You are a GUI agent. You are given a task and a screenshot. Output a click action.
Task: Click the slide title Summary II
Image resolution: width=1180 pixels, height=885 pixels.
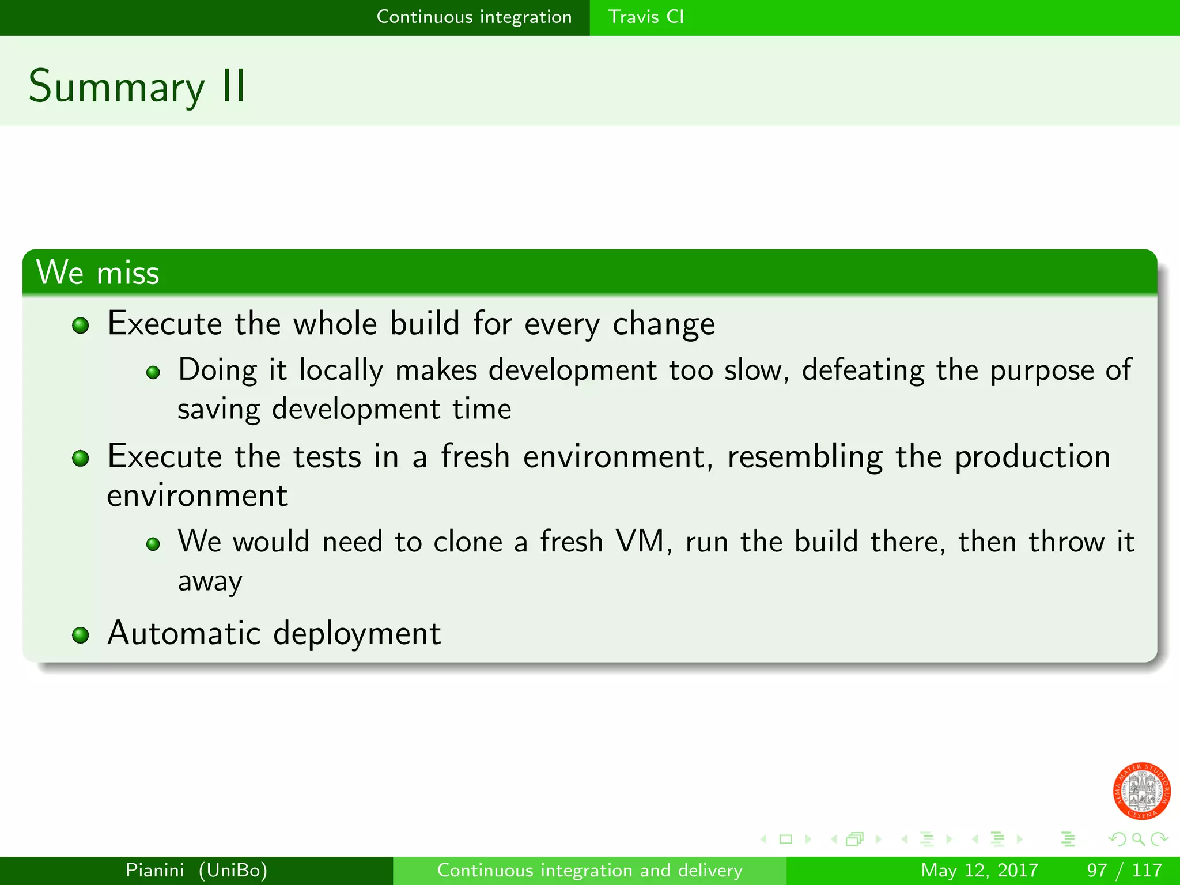pos(137,86)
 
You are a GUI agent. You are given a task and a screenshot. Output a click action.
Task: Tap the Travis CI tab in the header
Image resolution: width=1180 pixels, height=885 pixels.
pos(645,17)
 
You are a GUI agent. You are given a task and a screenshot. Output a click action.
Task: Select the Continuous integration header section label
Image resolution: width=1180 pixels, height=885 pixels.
pos(474,17)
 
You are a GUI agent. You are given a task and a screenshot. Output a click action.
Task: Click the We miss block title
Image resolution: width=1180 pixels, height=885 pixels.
pos(97,273)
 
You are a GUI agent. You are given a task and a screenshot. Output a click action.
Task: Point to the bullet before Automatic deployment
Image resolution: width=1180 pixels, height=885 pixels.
pos(81,635)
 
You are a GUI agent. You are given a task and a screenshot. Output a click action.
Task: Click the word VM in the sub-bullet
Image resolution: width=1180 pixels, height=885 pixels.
pos(640,542)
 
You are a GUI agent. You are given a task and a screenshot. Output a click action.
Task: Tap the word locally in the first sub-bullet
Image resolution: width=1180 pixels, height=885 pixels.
pos(341,370)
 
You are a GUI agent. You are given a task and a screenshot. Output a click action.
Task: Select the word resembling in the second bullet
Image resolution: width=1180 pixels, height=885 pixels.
pos(804,457)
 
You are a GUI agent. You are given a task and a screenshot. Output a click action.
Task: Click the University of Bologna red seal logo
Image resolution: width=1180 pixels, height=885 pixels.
pos(1141,791)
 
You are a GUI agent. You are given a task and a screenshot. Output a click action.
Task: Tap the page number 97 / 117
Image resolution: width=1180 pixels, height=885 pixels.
pos(1124,870)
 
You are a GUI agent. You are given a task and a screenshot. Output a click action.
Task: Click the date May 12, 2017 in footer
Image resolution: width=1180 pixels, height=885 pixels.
pos(979,870)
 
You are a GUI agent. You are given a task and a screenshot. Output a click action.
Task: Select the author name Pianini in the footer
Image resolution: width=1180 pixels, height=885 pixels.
pos(154,870)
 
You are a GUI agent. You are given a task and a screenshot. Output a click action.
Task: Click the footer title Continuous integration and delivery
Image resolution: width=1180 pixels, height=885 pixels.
pos(589,870)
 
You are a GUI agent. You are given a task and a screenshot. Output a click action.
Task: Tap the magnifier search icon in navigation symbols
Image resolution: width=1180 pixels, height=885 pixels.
pos(1138,839)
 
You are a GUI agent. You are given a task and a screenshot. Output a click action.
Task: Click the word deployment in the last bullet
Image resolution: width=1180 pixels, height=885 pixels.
pos(357,634)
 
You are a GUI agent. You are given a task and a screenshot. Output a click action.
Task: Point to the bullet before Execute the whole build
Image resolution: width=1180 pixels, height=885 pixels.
pos(81,326)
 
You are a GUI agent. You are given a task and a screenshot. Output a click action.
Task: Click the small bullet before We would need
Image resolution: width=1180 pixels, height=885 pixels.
pos(153,544)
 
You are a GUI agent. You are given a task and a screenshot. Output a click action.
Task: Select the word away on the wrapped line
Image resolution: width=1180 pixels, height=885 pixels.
pos(210,581)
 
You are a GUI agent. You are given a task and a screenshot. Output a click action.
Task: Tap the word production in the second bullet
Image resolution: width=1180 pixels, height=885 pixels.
pos(1032,457)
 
